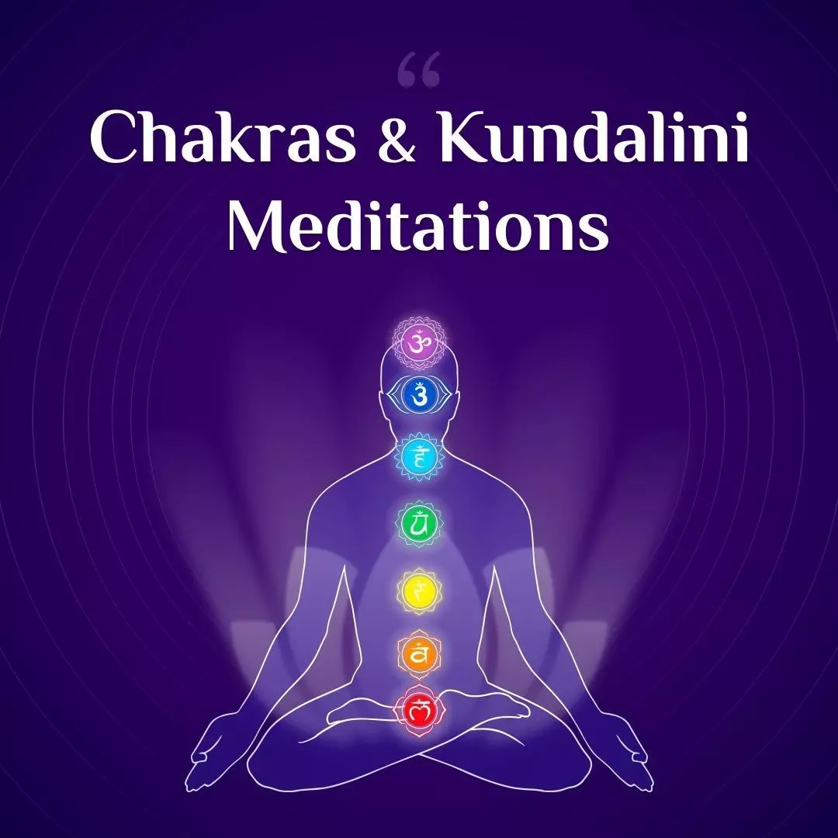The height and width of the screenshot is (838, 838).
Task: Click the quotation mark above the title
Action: tap(418, 72)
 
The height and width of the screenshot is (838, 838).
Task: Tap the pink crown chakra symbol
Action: tap(419, 342)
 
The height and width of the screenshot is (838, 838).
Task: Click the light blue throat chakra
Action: tap(419, 457)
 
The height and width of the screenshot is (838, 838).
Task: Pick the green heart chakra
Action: tap(419, 525)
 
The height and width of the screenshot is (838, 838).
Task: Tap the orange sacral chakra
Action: tap(419, 655)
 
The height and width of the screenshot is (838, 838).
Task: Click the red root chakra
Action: tap(419, 708)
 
